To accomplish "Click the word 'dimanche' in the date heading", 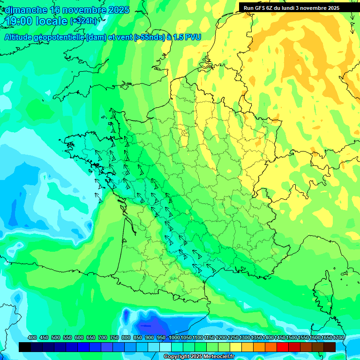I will pos(26,10).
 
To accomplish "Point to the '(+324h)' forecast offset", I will pos(83,21).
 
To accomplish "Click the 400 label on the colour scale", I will pos(32,337).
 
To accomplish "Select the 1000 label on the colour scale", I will pos(174,337).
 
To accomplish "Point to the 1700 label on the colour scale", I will pos(338,337).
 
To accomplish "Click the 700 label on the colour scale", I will pos(103,337).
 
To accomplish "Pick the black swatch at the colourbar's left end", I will pos(25,347).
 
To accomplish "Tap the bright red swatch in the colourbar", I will pos(283,347).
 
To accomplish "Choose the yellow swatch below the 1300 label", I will pos(247,347).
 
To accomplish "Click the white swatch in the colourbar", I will pos(165,347).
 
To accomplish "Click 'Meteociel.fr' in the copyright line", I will pos(215,357).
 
